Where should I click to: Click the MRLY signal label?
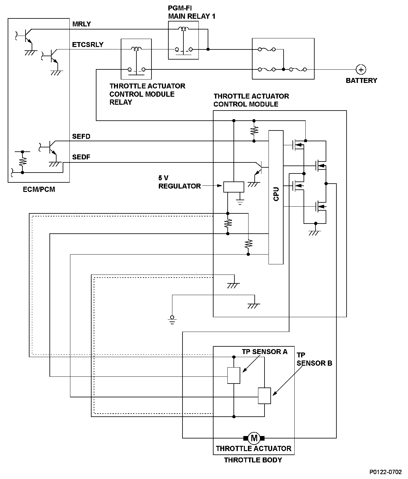[x=81, y=24]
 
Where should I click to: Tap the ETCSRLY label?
[x=88, y=45]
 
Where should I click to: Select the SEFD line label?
[x=81, y=136]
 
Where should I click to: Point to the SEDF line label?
[x=81, y=157]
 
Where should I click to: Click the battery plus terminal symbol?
[x=361, y=70]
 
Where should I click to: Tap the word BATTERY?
[x=361, y=80]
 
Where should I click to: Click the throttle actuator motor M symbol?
[x=254, y=438]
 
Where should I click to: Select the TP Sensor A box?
[x=233, y=376]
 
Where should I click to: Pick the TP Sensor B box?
[x=264, y=396]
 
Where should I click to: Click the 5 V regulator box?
[x=233, y=187]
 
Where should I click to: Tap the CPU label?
[x=276, y=194]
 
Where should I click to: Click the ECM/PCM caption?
[x=39, y=189]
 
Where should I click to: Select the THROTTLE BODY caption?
[x=253, y=460]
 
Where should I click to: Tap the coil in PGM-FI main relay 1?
[x=184, y=29]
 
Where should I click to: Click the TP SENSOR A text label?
[x=265, y=352]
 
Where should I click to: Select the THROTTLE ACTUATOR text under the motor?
[x=253, y=449]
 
